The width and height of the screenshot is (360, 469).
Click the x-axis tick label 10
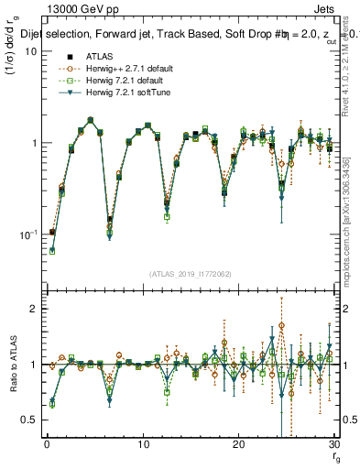(x=143, y=444)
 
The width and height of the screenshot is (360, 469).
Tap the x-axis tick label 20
(x=238, y=444)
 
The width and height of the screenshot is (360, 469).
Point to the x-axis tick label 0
(x=47, y=444)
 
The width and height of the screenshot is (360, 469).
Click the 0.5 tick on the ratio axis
(x=30, y=420)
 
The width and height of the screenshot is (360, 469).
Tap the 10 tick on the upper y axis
(x=31, y=51)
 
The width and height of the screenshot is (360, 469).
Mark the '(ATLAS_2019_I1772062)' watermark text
(x=191, y=272)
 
